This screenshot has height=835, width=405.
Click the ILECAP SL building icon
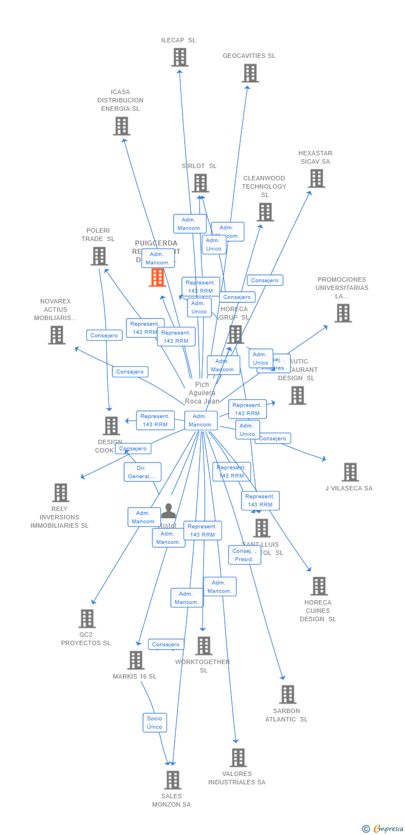[x=180, y=57]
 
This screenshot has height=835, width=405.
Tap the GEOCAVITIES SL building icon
[x=250, y=73]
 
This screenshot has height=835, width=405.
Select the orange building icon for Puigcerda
[x=157, y=277]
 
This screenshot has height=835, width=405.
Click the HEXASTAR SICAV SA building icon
[x=317, y=178]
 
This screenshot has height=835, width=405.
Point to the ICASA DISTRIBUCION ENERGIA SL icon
[x=121, y=126]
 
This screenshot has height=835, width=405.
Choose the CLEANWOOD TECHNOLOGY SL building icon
[x=265, y=212]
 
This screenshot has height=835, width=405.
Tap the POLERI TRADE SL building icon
[x=99, y=256]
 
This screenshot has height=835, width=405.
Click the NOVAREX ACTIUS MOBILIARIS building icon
[x=56, y=335]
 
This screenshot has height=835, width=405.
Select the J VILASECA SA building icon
[x=350, y=472]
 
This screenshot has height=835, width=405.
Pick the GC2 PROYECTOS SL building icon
[x=87, y=618]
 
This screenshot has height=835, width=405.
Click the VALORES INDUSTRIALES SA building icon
[x=238, y=758]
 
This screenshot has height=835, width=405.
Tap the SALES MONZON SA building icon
[x=172, y=780]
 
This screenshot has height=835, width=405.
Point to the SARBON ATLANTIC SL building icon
[x=288, y=694]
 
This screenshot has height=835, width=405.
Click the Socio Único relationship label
[x=155, y=723]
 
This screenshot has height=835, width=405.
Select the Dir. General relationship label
[x=142, y=472]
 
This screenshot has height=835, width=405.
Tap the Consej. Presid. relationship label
[x=244, y=555]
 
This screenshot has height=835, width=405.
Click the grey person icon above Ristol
[x=168, y=511]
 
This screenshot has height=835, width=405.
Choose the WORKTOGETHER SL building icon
[x=204, y=646]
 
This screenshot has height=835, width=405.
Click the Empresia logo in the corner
[x=383, y=829]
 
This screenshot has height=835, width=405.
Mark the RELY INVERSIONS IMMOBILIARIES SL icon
[x=60, y=493]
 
